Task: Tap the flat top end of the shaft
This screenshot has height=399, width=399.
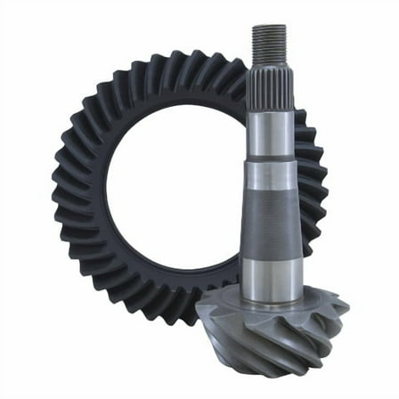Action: tap(269, 26)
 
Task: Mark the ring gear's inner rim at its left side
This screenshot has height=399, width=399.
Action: tap(104, 187)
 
